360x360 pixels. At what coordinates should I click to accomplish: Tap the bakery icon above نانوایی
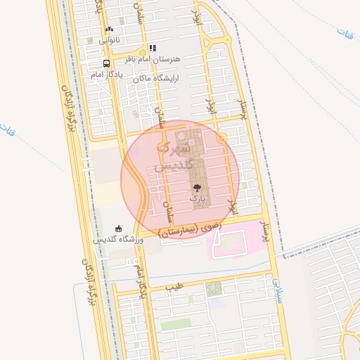108,29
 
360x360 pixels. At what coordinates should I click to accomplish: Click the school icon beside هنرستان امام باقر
152,49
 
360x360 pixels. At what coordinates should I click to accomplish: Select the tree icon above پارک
198,188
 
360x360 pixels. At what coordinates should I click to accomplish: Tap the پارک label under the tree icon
198,199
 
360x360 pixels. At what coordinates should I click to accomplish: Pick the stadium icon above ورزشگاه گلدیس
118,228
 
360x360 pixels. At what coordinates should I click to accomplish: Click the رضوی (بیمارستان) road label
190,229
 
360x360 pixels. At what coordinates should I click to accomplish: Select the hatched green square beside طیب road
214,288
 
